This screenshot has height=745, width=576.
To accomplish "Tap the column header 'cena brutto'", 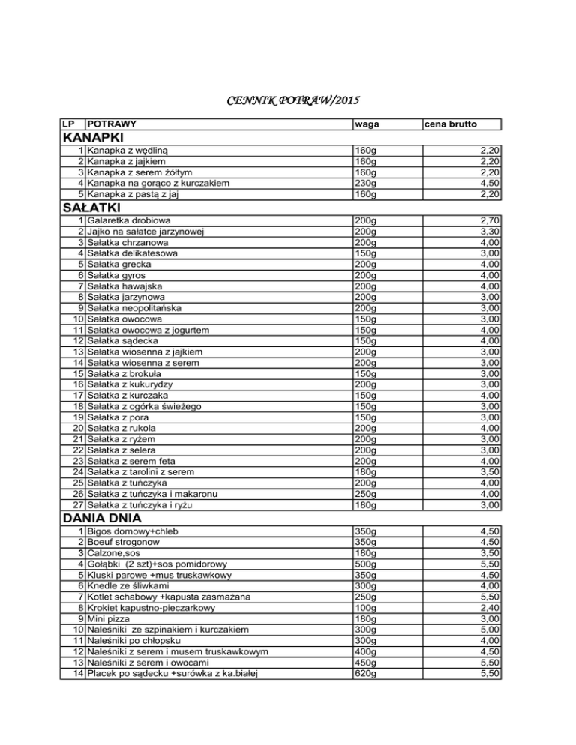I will (x=451, y=123).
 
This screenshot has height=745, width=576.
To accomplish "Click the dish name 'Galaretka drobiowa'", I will (x=128, y=222).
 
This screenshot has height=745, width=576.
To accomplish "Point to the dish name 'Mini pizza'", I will (x=111, y=618).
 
